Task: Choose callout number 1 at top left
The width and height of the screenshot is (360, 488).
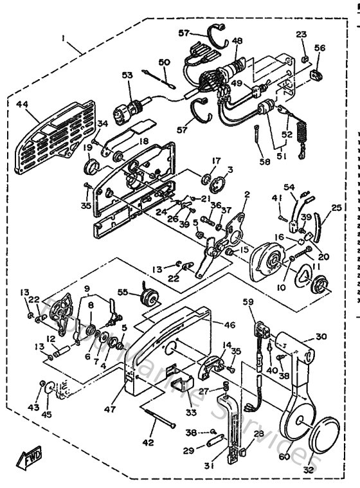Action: click(x=63, y=38)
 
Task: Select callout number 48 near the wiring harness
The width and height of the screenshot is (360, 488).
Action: click(x=237, y=41)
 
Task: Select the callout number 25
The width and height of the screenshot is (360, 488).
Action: click(x=336, y=209)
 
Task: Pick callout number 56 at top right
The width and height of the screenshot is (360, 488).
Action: click(x=320, y=48)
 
